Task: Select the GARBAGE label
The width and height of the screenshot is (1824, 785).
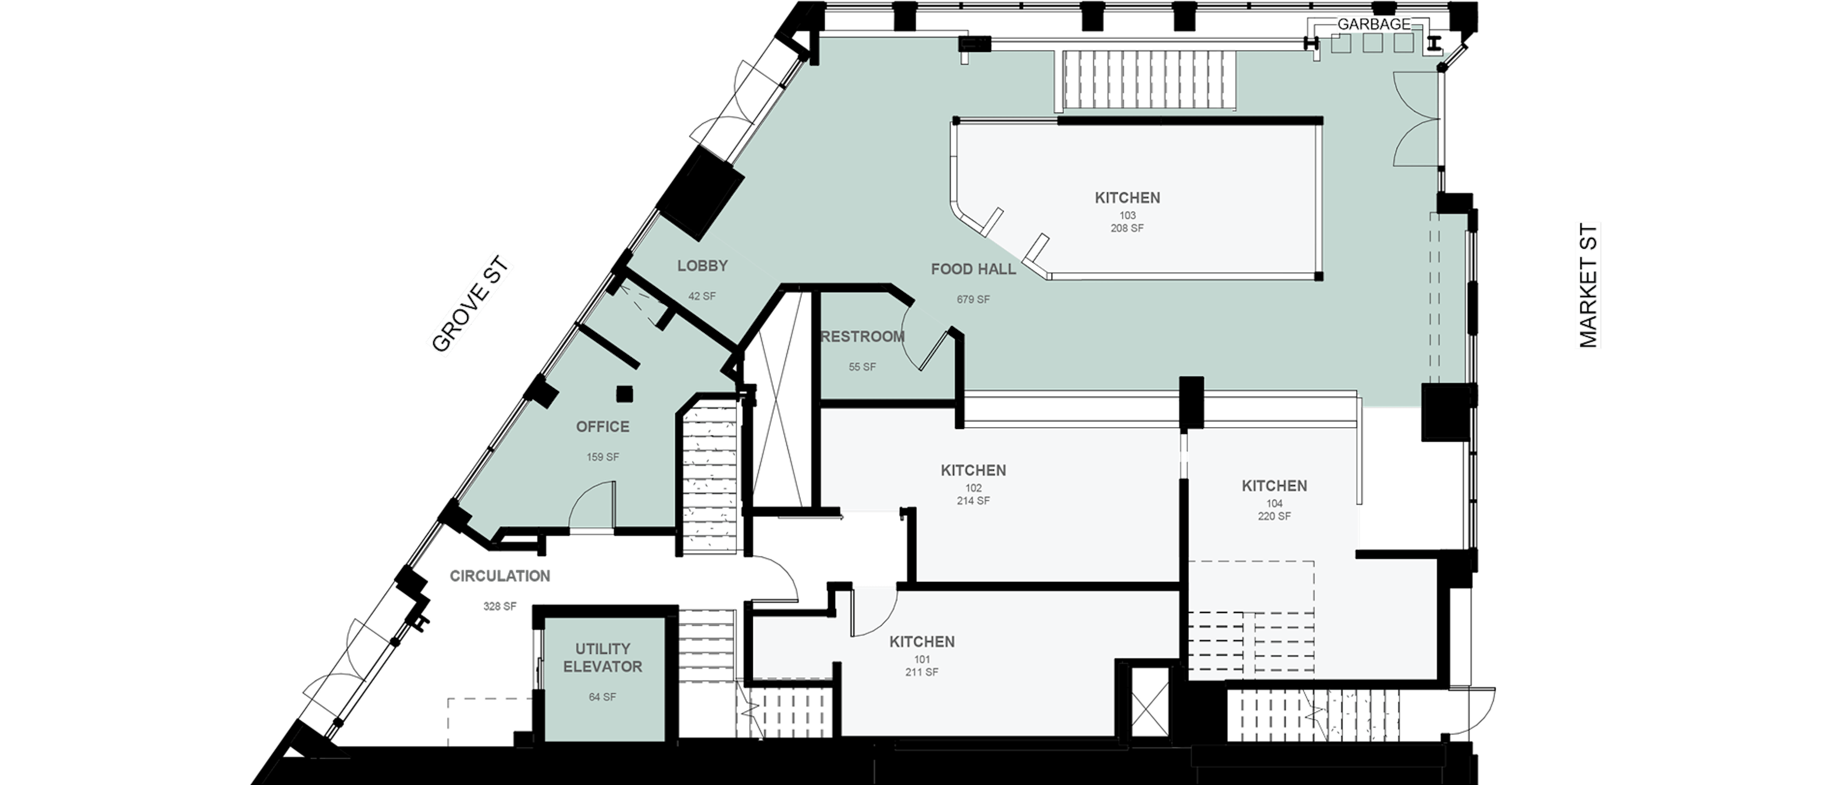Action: pyautogui.click(x=1374, y=24)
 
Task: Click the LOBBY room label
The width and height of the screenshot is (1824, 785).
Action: pyautogui.click(x=703, y=266)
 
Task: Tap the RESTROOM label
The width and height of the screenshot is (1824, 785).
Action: pyautogui.click(x=863, y=337)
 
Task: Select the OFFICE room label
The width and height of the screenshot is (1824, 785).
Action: pyautogui.click(x=603, y=426)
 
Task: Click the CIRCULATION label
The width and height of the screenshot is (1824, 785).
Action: pyautogui.click(x=500, y=576)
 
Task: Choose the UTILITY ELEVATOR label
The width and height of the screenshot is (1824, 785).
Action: pyautogui.click(x=603, y=658)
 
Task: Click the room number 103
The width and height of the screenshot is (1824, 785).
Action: pyautogui.click(x=1127, y=215)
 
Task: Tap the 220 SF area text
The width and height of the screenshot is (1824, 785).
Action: pyautogui.click(x=1274, y=516)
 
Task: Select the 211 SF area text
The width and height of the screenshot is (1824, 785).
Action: pyautogui.click(x=922, y=672)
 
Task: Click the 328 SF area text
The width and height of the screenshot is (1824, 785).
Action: pyautogui.click(x=500, y=607)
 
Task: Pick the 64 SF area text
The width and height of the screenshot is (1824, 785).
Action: pyautogui.click(x=603, y=697)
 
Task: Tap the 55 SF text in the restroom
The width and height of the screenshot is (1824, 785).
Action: pyautogui.click(x=863, y=367)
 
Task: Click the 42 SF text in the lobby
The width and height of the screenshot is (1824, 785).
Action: pyautogui.click(x=703, y=296)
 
